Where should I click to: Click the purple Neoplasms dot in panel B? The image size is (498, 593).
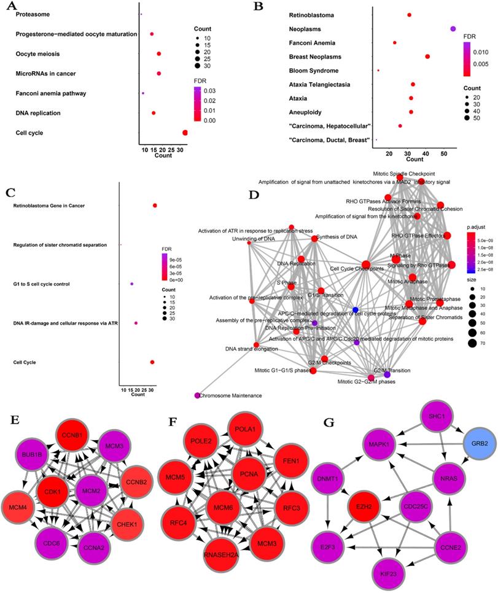click(453, 28)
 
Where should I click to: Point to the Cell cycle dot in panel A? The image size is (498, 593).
click(185, 133)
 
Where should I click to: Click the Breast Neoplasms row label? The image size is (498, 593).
click(315, 57)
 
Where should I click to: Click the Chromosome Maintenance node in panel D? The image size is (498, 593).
click(198, 395)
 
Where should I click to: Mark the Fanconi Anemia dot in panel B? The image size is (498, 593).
click(395, 43)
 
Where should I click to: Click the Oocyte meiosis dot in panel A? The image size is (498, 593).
click(159, 54)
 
